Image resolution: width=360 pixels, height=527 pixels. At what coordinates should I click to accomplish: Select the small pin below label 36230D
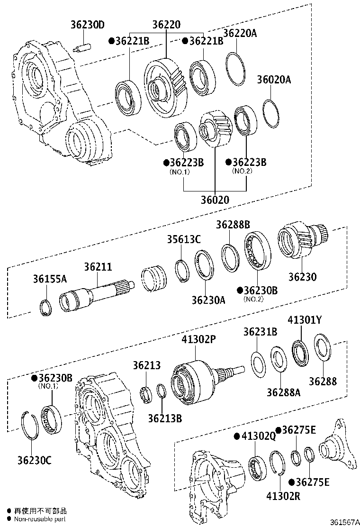84,48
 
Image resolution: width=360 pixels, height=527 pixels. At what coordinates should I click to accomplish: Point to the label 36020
214,200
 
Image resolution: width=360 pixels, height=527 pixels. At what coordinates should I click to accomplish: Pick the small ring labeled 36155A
46,307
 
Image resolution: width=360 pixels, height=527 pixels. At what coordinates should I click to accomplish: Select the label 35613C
183,239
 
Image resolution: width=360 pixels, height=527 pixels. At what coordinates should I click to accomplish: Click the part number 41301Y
305,320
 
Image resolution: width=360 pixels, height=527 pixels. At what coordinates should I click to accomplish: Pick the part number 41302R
283,497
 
